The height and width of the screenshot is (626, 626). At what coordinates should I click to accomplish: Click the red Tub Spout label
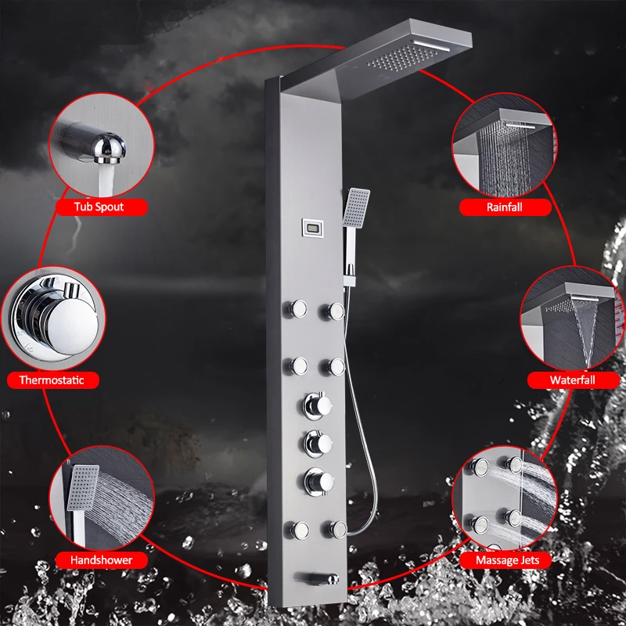[x=99, y=207]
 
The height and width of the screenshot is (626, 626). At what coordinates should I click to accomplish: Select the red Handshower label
[x=101, y=560]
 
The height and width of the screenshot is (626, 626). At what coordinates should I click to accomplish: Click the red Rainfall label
[x=504, y=207]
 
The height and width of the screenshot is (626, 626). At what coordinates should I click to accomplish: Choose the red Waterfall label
[x=573, y=380]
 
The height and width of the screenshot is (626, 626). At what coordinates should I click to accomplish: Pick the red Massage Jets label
[x=508, y=560]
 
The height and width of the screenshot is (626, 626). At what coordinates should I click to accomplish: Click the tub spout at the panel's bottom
[x=320, y=579]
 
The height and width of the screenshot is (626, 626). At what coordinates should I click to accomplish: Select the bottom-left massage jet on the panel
[x=298, y=528]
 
